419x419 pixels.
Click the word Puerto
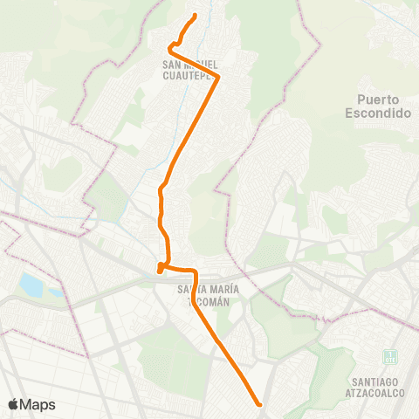point(377,100)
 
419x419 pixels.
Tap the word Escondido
point(377,113)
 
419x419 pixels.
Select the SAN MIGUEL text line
point(189,64)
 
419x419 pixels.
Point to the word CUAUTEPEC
point(190,74)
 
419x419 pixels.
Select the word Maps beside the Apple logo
point(38,404)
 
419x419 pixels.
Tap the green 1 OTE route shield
point(389,358)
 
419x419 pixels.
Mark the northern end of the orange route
point(194,16)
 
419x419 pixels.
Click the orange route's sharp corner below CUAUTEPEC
point(217,78)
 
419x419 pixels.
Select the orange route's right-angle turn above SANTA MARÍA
point(193,270)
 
